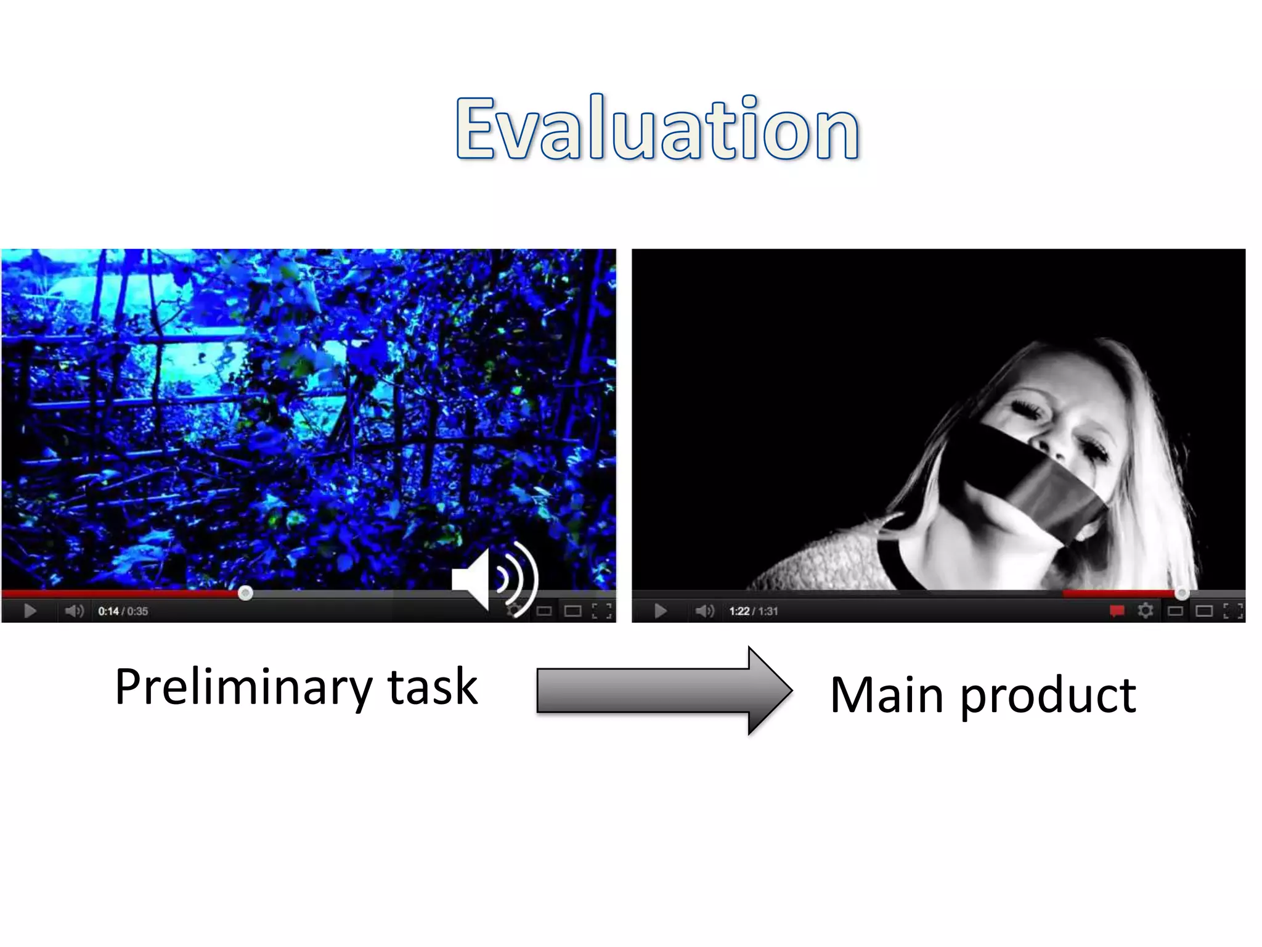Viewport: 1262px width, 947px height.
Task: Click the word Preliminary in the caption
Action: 243,686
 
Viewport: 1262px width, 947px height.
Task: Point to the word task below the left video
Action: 433,686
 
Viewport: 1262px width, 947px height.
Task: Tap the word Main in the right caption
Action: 886,695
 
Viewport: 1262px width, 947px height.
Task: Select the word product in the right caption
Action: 1048,695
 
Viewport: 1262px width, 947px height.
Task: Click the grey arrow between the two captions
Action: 662,691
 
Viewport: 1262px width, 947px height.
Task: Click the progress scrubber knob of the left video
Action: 245,593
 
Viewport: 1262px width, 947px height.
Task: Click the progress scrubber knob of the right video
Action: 1181,594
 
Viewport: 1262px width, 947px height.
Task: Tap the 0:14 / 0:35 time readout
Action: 123,611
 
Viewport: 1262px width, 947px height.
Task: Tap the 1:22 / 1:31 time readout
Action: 754,611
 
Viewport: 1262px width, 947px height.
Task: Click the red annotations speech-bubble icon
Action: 1117,611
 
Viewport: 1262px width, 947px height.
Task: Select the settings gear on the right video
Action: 1146,611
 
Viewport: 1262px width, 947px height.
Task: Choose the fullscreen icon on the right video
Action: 1232,611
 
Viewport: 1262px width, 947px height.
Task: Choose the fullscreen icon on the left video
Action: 601,611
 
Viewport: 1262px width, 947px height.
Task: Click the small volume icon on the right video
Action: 704,611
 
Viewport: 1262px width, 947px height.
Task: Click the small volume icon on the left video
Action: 74,611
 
